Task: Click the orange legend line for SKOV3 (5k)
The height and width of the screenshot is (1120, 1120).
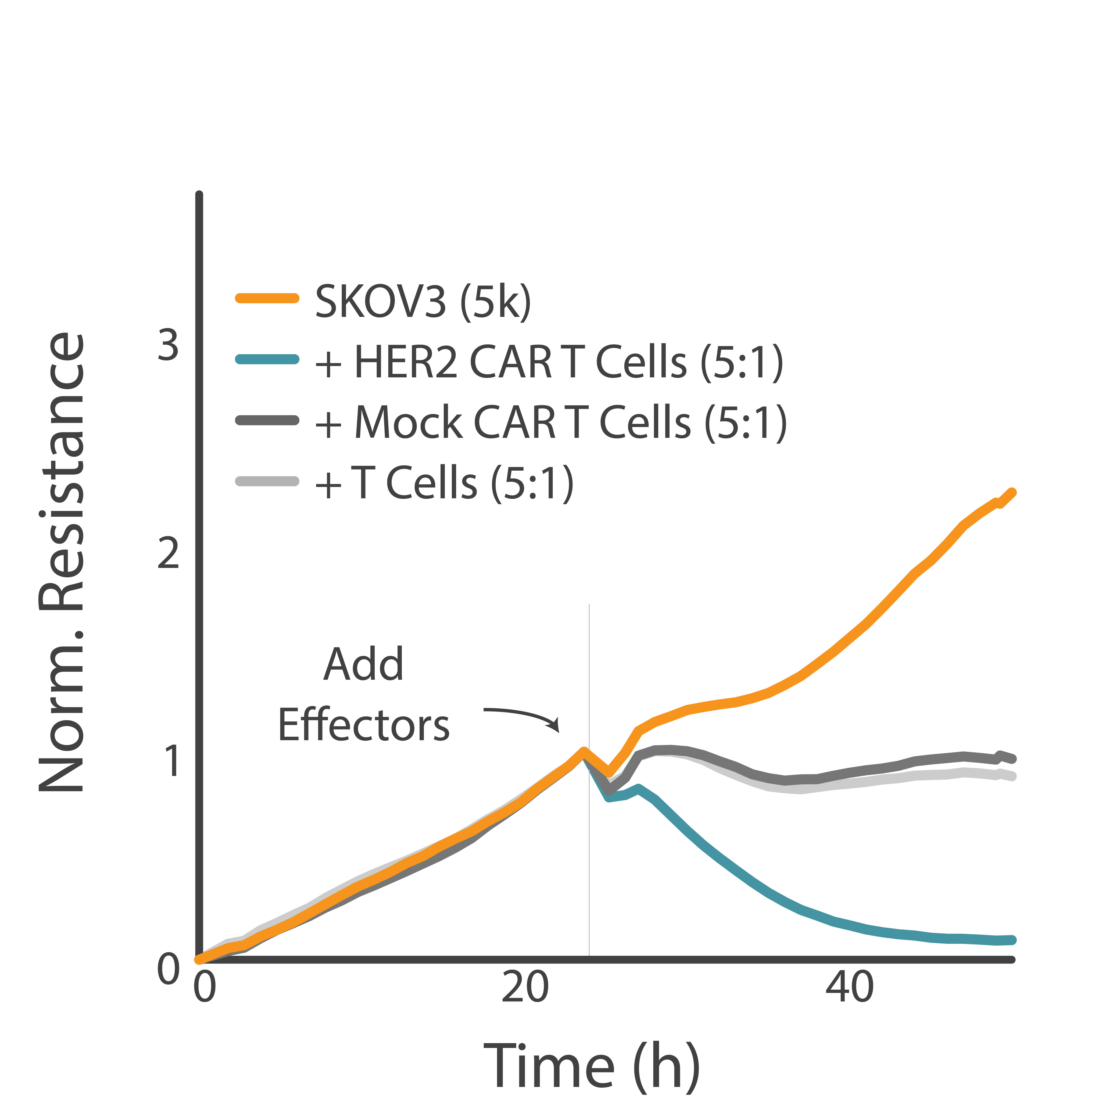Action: click(267, 298)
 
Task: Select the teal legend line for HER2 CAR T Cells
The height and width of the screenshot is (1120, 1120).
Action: click(267, 359)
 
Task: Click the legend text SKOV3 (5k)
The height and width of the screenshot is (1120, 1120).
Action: click(423, 302)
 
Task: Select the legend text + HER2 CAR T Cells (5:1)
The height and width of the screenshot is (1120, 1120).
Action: click(548, 362)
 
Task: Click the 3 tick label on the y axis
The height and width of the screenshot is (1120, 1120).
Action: click(168, 345)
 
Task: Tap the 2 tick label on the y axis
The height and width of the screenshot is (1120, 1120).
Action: click(168, 554)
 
